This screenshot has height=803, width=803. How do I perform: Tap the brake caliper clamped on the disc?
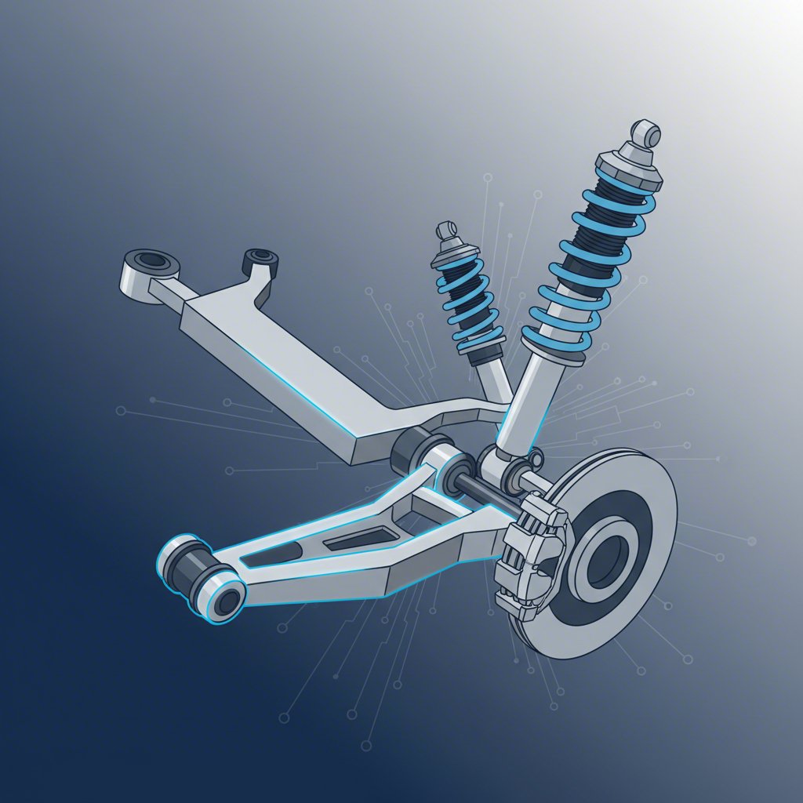click(533, 549)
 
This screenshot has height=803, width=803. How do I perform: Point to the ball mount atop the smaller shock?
click(446, 230)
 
